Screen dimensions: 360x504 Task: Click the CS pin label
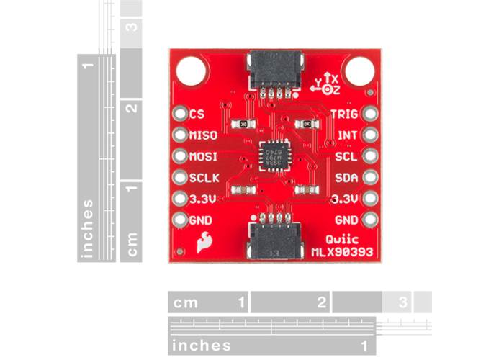[197, 113]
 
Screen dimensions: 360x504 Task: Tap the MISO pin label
[203, 134]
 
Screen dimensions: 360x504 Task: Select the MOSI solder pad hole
[179, 155]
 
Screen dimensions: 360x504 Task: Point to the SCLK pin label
[204, 176]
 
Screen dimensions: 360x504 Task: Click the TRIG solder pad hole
[369, 114]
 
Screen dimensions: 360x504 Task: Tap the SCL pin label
[346, 156]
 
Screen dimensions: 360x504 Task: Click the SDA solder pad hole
[369, 176]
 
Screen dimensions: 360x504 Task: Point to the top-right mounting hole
[357, 71]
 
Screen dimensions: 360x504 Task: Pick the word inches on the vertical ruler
[88, 228]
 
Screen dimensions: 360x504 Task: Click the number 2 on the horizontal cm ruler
[320, 301]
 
